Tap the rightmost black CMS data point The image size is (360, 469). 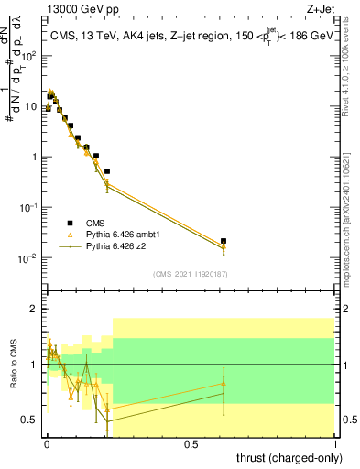pyautogui.click(x=224, y=241)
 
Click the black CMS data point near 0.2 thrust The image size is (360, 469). pyautogui.click(x=107, y=171)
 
